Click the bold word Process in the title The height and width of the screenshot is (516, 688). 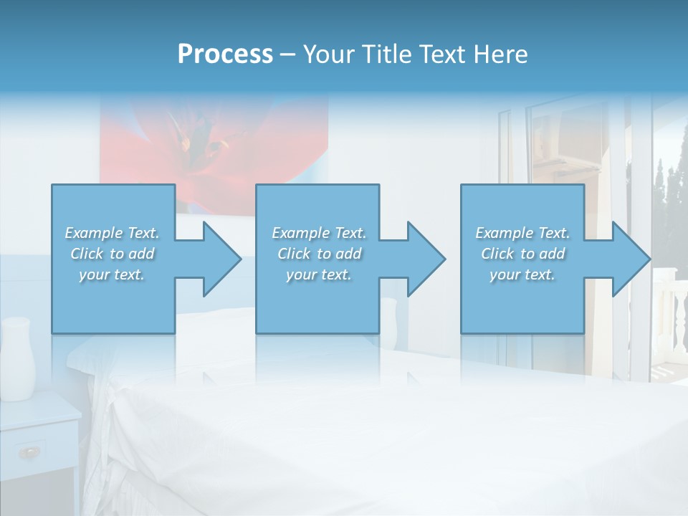point(225,54)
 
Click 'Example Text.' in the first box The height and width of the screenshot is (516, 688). point(112,233)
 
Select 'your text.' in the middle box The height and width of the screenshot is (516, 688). point(319,274)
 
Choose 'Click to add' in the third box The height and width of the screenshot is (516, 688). point(522,254)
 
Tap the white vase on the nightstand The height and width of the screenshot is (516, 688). point(17,358)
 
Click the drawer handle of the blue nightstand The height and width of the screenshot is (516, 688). point(30,451)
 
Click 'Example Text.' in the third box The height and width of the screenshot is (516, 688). point(522,233)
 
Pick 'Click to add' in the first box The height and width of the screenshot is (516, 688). point(112,254)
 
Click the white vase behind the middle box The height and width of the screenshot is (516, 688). point(388,315)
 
